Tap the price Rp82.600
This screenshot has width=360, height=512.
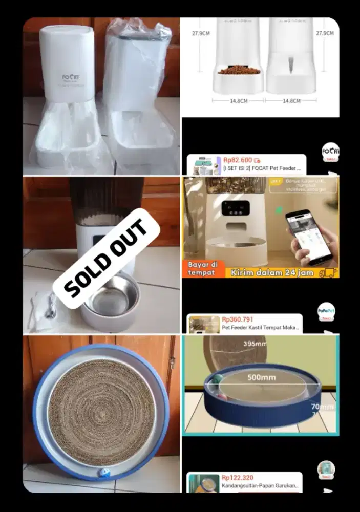(x=238, y=160)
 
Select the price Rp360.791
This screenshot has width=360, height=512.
(x=238, y=319)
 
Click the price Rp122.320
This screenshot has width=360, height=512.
(x=238, y=477)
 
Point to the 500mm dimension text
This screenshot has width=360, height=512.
(x=262, y=378)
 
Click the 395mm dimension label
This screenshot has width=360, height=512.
(x=256, y=344)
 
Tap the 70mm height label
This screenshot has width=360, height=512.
(x=323, y=407)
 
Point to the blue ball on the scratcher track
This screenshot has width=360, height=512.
(x=104, y=473)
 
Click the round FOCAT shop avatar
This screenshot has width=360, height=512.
(x=330, y=151)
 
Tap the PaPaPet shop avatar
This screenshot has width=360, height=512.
(x=326, y=310)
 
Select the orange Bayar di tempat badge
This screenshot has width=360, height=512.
(x=203, y=268)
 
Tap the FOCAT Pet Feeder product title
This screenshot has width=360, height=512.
(x=262, y=168)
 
